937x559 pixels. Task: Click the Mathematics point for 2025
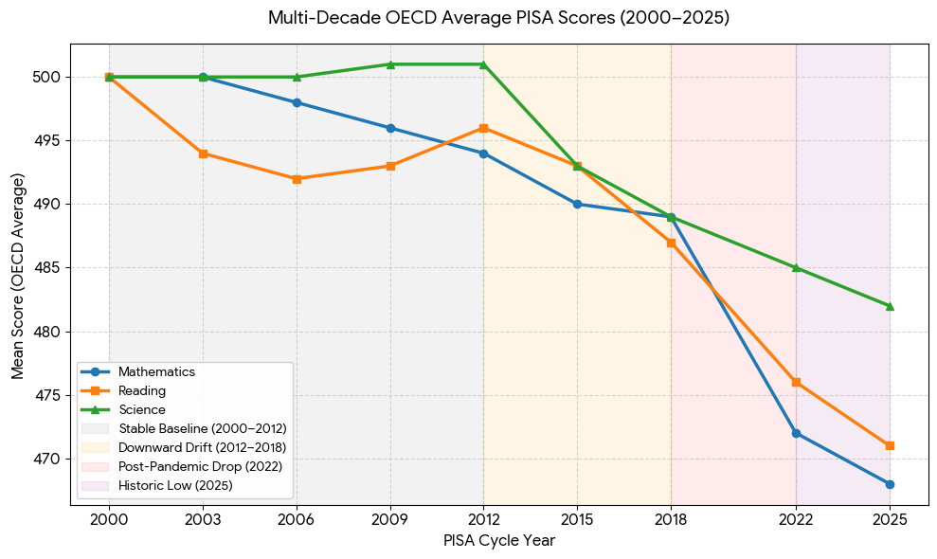(890, 484)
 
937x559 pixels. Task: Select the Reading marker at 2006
(297, 179)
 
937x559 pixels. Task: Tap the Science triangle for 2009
(391, 64)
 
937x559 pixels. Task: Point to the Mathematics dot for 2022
(796, 433)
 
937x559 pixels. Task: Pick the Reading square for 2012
(483, 128)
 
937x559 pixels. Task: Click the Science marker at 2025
(890, 306)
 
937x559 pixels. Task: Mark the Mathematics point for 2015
(577, 205)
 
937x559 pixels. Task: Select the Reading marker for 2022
(796, 383)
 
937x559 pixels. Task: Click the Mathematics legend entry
(138, 371)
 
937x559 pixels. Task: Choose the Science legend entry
(123, 409)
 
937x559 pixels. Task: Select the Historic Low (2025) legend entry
(156, 485)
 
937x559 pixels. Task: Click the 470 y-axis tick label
(51, 460)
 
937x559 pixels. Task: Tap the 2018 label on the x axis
(671, 519)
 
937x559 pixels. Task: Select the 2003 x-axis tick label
(203, 519)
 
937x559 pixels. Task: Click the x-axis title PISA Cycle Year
(499, 541)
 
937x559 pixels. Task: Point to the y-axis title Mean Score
(17, 277)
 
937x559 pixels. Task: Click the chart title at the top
(499, 18)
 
